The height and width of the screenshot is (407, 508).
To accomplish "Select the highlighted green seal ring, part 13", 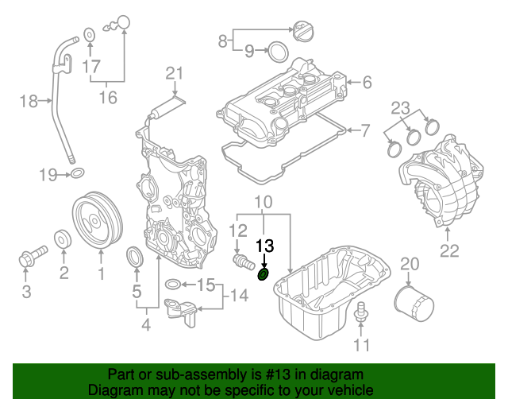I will pos(264,275).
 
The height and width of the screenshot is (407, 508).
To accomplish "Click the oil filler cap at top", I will pos(304,33).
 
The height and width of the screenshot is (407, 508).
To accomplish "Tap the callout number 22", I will pos(449,254).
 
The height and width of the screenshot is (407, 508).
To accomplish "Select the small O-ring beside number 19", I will pos(78,172).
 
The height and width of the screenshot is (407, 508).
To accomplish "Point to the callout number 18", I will pos(28,101).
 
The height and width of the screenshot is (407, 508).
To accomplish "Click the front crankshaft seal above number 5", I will pos(137,258).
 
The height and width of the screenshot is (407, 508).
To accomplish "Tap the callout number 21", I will pos(174,74).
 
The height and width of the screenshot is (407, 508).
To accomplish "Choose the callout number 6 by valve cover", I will pos(368,81).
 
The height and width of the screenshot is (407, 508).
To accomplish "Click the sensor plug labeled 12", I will pos(240,261).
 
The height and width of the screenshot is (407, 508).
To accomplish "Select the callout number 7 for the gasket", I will pos(366,129).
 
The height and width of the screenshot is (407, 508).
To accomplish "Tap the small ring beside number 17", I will pos(90,33).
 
